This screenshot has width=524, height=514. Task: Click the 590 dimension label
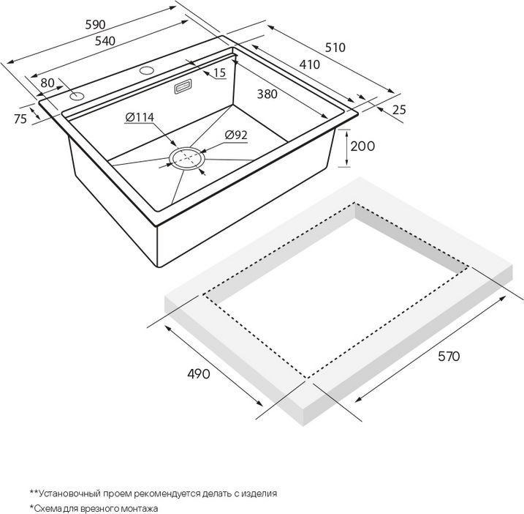click(x=95, y=24)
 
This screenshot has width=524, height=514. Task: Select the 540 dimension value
click(x=105, y=41)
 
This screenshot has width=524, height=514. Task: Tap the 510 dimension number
click(x=335, y=47)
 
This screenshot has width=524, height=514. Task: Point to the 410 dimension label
click(x=309, y=64)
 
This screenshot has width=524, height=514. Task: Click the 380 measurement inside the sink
click(x=267, y=94)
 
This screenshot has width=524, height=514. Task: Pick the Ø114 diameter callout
click(x=140, y=117)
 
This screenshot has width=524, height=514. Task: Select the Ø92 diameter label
click(x=236, y=135)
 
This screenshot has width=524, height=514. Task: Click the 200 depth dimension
click(x=362, y=146)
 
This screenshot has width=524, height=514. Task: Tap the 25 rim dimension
click(x=399, y=110)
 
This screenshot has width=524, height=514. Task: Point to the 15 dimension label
click(x=219, y=72)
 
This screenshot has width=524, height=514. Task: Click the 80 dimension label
click(x=48, y=83)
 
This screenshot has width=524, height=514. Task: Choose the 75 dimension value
click(x=20, y=119)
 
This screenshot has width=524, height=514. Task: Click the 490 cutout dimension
click(x=199, y=373)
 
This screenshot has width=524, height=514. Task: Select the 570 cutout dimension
click(x=449, y=357)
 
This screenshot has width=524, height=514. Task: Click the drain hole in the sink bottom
click(x=187, y=157)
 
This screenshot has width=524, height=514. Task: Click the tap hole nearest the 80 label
click(x=77, y=97)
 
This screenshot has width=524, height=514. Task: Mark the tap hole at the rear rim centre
click(x=147, y=70)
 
